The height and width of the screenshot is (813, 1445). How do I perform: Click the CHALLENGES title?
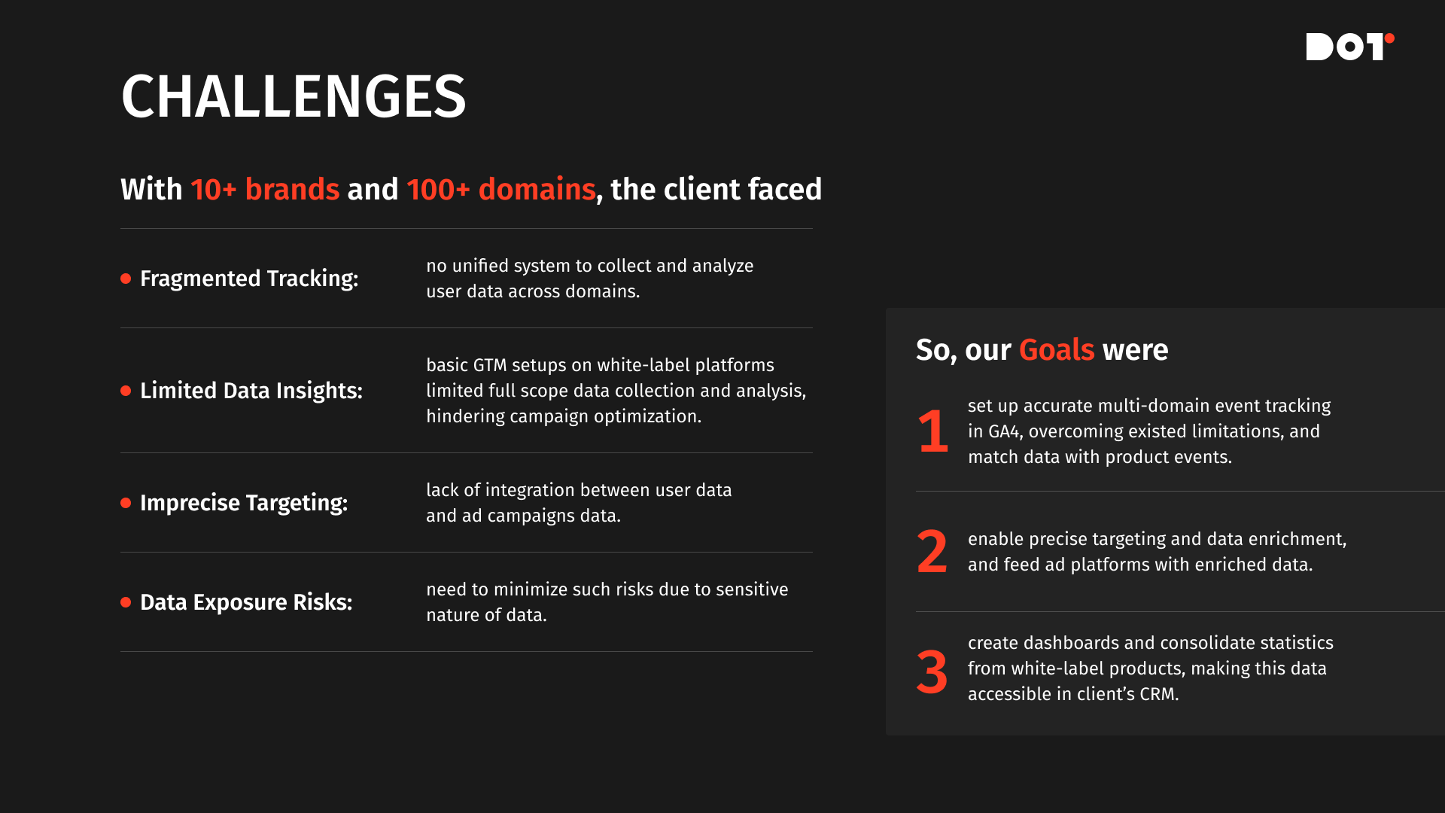pos(294,96)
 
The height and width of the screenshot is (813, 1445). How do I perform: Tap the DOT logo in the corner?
pos(1350,46)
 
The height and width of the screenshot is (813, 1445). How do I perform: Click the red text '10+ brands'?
pos(265,189)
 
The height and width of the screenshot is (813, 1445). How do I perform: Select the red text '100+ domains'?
pos(501,189)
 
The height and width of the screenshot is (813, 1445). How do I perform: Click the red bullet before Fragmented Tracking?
pos(126,279)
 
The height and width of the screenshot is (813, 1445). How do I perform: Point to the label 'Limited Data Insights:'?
pos(251,390)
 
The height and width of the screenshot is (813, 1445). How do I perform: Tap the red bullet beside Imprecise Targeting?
pos(126,503)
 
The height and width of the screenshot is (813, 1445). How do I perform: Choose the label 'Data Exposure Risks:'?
pos(246,602)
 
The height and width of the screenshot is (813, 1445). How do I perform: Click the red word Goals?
pos(1057,350)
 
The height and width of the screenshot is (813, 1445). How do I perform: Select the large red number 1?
pos(933,431)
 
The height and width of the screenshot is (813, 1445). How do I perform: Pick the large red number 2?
pos(932,552)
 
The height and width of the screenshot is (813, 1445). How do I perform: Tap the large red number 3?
pos(932,671)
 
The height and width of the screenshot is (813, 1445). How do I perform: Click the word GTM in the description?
pos(490,365)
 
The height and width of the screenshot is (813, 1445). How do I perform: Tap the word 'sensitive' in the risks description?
pos(752,589)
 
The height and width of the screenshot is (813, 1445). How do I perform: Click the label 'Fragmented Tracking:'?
pos(249,279)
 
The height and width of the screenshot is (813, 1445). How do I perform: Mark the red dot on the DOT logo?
pos(1389,38)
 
